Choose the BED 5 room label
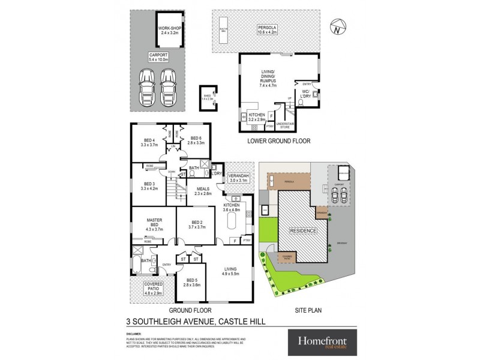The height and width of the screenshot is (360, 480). [x=192, y=283]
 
